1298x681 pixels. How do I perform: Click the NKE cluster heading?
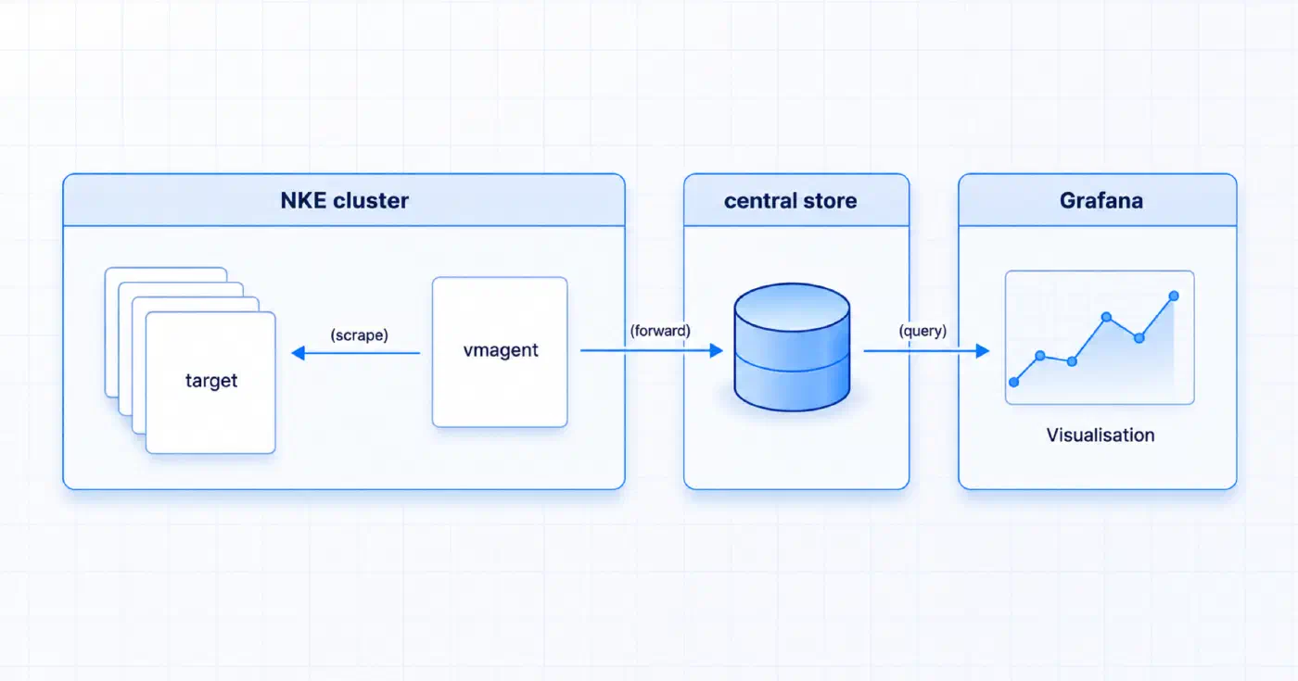pyautogui.click(x=344, y=200)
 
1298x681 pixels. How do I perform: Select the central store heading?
pyautogui.click(x=790, y=200)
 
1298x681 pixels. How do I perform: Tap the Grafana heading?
pyautogui.click(x=1101, y=200)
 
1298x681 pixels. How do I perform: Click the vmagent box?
pyautogui.click(x=500, y=351)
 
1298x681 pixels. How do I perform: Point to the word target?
pyautogui.click(x=211, y=381)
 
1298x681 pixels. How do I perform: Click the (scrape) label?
pyautogui.click(x=360, y=334)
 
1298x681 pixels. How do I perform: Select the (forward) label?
pyautogui.click(x=660, y=331)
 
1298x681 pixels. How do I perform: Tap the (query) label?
pyautogui.click(x=923, y=331)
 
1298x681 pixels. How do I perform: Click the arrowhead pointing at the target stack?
pyautogui.click(x=298, y=353)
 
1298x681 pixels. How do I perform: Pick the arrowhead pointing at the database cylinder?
pyautogui.click(x=717, y=350)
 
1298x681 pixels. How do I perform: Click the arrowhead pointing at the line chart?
pyautogui.click(x=983, y=350)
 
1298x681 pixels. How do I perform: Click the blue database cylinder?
pyautogui.click(x=792, y=347)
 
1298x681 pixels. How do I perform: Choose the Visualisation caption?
pyautogui.click(x=1101, y=435)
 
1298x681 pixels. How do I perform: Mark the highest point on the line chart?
pyautogui.click(x=1174, y=296)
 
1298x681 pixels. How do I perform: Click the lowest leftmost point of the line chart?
pyautogui.click(x=1014, y=382)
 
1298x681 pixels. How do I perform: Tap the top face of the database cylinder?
pyautogui.click(x=792, y=307)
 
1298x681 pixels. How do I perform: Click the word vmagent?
pyautogui.click(x=501, y=350)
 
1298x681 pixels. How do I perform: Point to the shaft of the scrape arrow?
pyautogui.click(x=363, y=353)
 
